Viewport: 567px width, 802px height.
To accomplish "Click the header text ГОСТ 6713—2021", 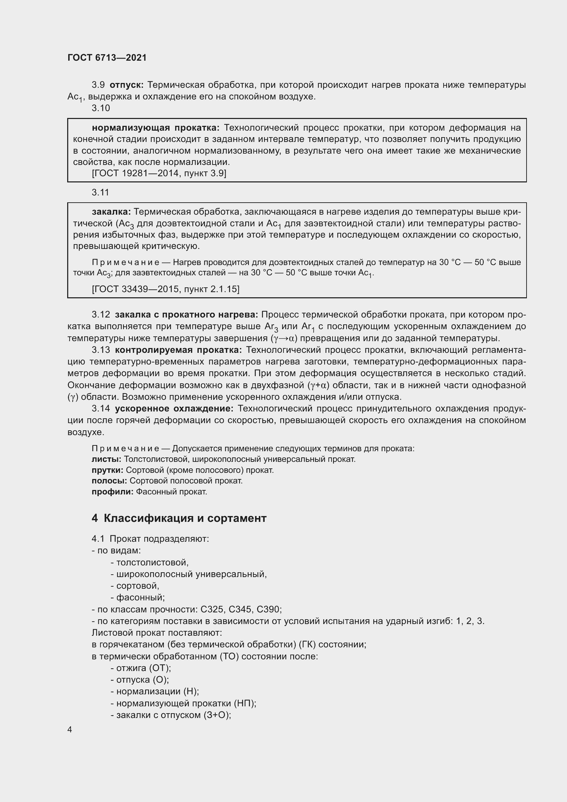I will (107, 58).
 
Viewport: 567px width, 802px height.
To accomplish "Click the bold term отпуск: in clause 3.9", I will (126, 85).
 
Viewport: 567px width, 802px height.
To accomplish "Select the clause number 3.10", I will (101, 108).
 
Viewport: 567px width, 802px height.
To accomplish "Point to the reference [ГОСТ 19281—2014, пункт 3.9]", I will (159, 173).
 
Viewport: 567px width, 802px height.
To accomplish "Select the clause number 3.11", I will (100, 192).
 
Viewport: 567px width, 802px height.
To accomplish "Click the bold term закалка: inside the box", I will (111, 212).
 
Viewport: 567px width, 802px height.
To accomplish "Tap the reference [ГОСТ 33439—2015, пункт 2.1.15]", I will (166, 289).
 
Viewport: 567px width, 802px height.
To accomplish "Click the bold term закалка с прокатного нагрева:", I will (186, 315).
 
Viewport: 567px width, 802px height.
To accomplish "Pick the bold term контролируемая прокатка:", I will (178, 350).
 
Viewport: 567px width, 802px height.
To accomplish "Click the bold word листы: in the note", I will (107, 459).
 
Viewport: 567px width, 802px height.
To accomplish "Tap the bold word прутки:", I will (108, 470).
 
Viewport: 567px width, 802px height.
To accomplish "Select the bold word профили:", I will (112, 492).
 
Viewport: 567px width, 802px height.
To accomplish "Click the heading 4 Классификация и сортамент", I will (179, 518).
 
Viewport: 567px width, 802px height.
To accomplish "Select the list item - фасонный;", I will (137, 598).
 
